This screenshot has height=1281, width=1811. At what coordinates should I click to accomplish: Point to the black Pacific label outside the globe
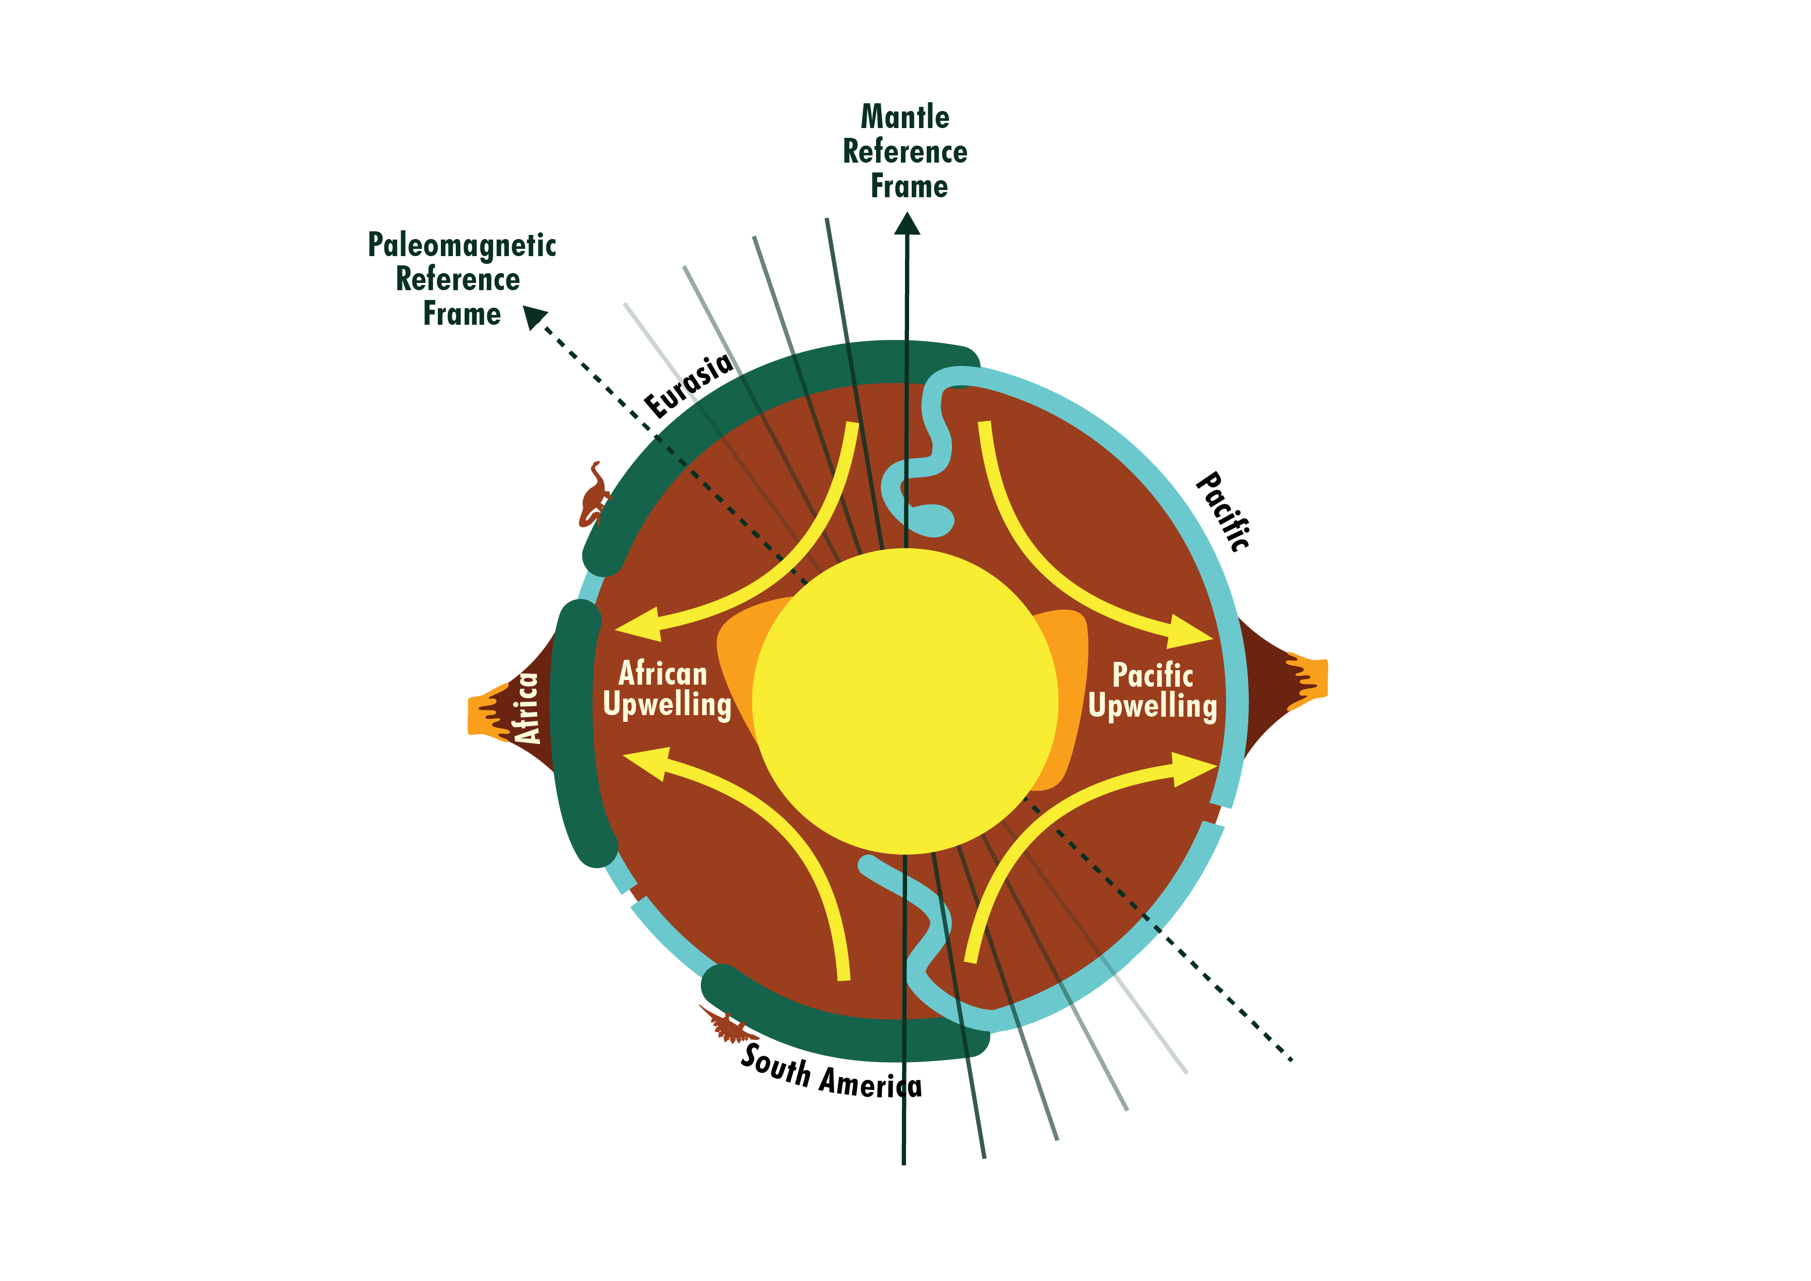click(x=1222, y=511)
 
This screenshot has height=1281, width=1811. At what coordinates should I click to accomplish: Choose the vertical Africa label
click(x=526, y=707)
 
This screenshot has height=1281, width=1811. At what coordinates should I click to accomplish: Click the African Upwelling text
click(x=666, y=689)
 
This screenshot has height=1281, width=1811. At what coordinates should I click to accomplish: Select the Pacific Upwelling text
click(x=1152, y=691)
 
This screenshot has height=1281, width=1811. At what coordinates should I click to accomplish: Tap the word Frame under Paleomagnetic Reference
click(x=462, y=314)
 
